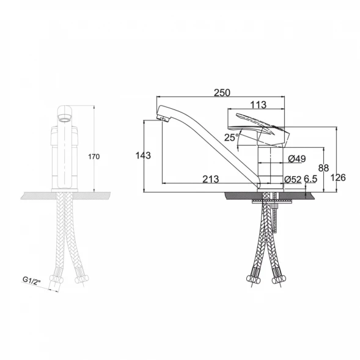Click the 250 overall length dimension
222,92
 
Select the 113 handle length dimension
259,105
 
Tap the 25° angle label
232,138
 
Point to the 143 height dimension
143,155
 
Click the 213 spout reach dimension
210,179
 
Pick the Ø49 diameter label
297,159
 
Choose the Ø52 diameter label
293,179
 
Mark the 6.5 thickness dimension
310,179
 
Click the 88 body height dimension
323,168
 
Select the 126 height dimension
338,177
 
